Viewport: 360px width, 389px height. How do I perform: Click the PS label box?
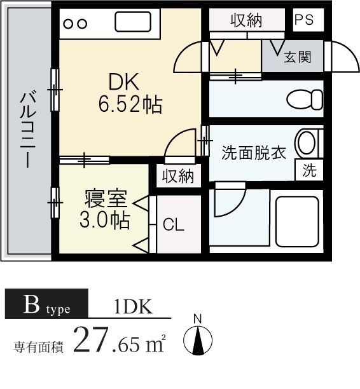point(304,19)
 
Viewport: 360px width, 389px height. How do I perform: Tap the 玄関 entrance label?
point(297,57)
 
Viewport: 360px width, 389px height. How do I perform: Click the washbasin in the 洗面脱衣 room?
point(305,144)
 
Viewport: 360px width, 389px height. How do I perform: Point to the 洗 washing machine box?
point(309,170)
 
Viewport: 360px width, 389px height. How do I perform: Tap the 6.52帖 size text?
point(130,104)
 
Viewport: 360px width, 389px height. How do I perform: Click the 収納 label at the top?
point(246,20)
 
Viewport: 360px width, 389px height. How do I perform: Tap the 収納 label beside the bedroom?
point(178,176)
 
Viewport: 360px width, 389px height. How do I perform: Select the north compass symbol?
point(198,340)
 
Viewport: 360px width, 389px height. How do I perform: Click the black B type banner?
point(46,305)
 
